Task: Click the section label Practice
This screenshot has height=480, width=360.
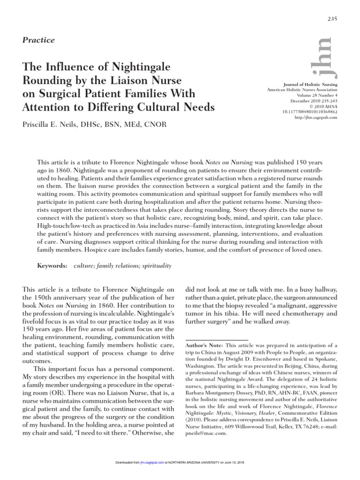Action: coord(38,40)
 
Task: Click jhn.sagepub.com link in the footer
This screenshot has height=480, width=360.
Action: coord(151,475)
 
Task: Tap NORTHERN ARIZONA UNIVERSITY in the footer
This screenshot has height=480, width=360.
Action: coord(192,475)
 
